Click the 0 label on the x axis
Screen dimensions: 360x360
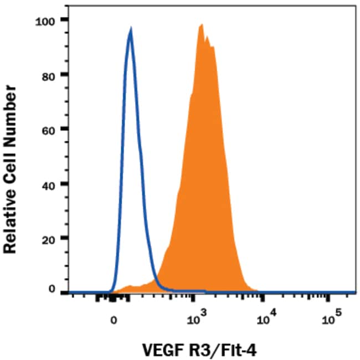(114, 320)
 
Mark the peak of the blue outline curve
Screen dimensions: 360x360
(130, 29)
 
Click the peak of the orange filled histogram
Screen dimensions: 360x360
(202, 24)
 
